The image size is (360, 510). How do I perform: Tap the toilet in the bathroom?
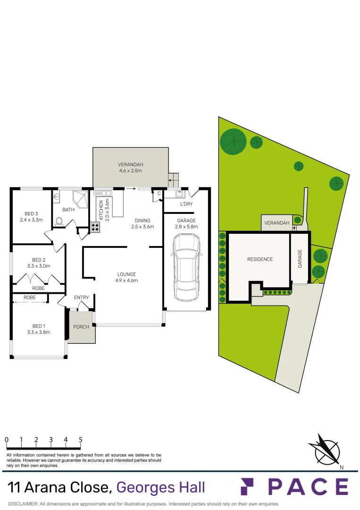click(x=59, y=221)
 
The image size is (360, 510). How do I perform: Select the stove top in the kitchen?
click(x=95, y=227)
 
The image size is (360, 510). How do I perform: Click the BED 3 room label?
click(x=31, y=216)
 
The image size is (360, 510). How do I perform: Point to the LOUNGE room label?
click(x=126, y=277)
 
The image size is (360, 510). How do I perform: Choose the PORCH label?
click(x=81, y=327)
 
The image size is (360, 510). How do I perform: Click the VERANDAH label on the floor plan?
click(x=130, y=168)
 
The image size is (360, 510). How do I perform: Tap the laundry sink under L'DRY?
click(x=179, y=194)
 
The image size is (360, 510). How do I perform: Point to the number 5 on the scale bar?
click(x=80, y=440)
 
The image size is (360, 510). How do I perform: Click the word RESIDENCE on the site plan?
click(x=260, y=259)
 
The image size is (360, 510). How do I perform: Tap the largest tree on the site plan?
click(x=234, y=141)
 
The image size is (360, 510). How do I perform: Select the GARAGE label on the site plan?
click(x=300, y=259)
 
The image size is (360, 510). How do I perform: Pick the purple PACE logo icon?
click(x=249, y=486)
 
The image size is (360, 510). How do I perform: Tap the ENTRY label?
click(x=81, y=297)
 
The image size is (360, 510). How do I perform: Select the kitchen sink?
click(x=102, y=193)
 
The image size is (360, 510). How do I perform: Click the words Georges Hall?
click(x=160, y=487)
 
